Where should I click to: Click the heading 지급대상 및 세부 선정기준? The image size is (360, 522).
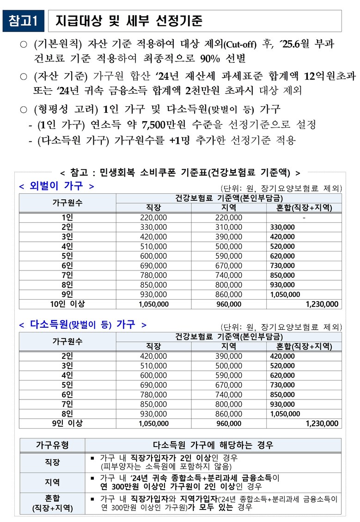pos(129,21)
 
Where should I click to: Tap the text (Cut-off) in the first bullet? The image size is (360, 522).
pos(239,45)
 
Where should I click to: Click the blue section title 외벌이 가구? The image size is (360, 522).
pos(56,186)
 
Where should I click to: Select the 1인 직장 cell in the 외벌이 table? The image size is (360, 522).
pos(153,217)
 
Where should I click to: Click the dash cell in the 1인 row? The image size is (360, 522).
pos(304,217)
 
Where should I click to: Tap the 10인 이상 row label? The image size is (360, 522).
pos(67,304)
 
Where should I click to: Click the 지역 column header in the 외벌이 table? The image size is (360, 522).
pos(228,208)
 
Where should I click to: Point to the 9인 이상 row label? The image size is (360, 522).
pos(67,423)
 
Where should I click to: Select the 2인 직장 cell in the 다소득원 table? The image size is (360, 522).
pos(153,356)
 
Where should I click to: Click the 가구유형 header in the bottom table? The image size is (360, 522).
pos(52,445)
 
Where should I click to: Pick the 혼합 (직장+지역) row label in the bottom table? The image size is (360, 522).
pos(52,503)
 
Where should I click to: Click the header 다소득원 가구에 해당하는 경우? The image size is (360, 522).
pos(213,445)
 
